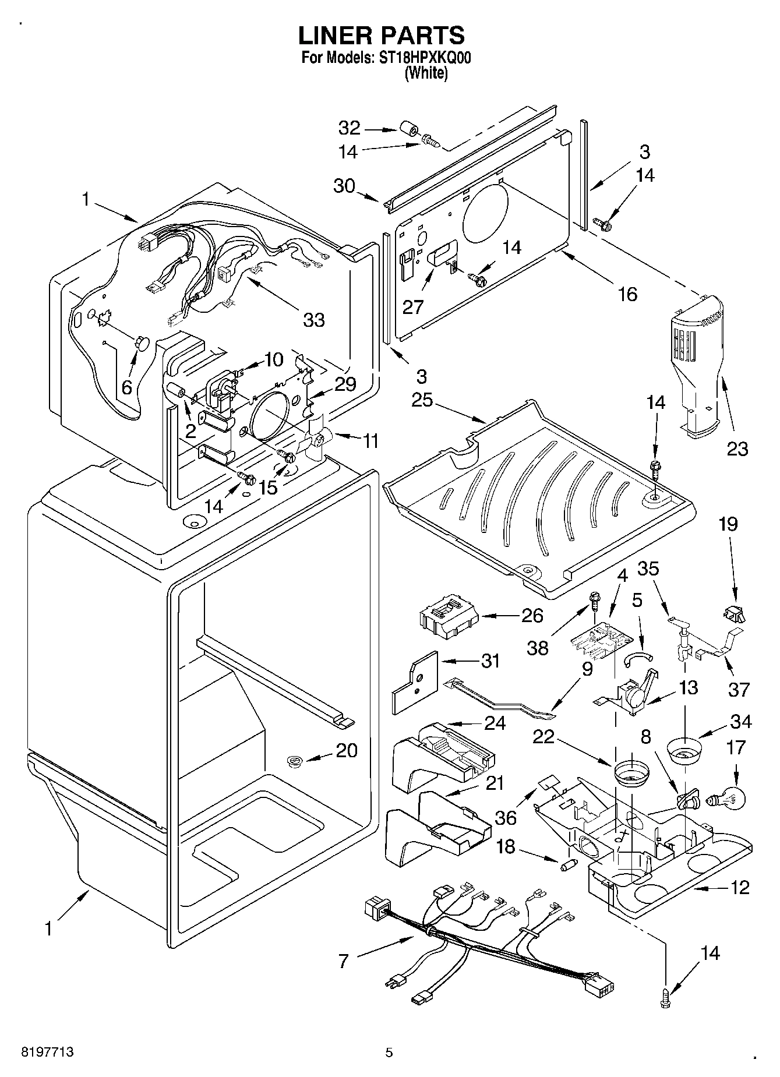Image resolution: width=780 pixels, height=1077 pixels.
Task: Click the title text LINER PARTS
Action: click(x=382, y=36)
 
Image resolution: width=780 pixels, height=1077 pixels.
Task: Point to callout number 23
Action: click(x=737, y=449)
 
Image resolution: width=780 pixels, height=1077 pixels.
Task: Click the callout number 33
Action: click(x=314, y=319)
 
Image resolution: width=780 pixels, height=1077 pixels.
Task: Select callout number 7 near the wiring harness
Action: click(x=343, y=961)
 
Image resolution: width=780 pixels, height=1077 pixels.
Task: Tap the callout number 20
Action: click(x=347, y=750)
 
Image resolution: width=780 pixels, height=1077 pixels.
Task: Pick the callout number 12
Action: click(x=739, y=887)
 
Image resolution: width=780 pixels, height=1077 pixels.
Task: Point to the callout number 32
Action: click(x=350, y=128)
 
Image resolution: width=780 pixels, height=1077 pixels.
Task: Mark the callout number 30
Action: click(x=344, y=186)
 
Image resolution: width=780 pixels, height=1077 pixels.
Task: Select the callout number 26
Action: click(x=532, y=616)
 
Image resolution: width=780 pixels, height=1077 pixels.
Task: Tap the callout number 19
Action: click(x=728, y=524)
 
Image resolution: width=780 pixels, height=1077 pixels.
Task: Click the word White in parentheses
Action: click(x=426, y=73)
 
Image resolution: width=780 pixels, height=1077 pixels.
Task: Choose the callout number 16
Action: click(x=627, y=294)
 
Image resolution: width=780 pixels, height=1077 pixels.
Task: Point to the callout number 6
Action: click(x=127, y=386)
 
